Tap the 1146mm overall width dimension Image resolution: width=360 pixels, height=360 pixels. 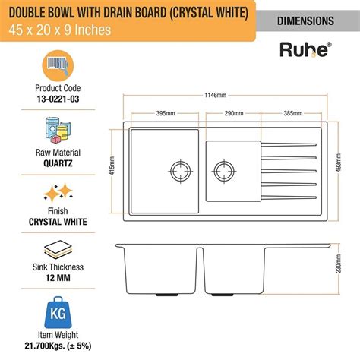click(x=226, y=96)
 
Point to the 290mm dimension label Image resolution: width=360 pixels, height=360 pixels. click(x=234, y=112)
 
